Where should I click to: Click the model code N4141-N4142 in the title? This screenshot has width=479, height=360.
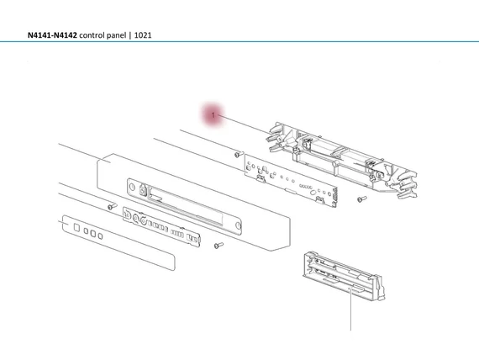point(51,37)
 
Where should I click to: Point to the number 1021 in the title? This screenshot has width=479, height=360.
point(161,37)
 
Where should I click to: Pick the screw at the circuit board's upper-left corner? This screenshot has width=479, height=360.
point(239,155)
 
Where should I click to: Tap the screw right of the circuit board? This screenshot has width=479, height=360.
point(361,199)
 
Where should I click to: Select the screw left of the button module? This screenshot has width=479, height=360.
point(111,205)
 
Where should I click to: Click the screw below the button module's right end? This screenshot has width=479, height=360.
point(218,245)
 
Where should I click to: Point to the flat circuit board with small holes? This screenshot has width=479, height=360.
point(290,179)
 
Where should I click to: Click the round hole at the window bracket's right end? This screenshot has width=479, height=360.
point(239,225)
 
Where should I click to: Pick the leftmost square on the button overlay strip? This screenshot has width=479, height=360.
point(75,226)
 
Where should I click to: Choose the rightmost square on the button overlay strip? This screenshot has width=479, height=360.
point(100,236)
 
